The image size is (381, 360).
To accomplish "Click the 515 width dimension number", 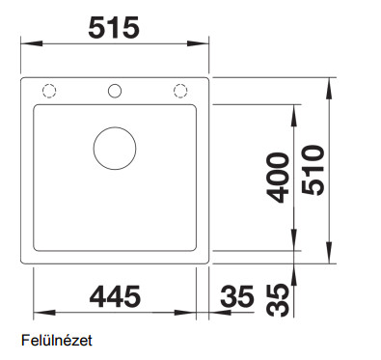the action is coord(114,28).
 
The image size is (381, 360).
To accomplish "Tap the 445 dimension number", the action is coord(115,296).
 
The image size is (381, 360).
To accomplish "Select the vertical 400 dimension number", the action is coord(278,178).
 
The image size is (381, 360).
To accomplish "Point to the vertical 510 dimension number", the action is coord(313,170).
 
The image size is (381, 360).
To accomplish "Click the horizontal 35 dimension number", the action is coord(237,296).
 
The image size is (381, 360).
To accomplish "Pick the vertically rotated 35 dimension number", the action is coord(278,300).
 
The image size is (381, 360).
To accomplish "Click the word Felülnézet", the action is coord(57,340).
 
